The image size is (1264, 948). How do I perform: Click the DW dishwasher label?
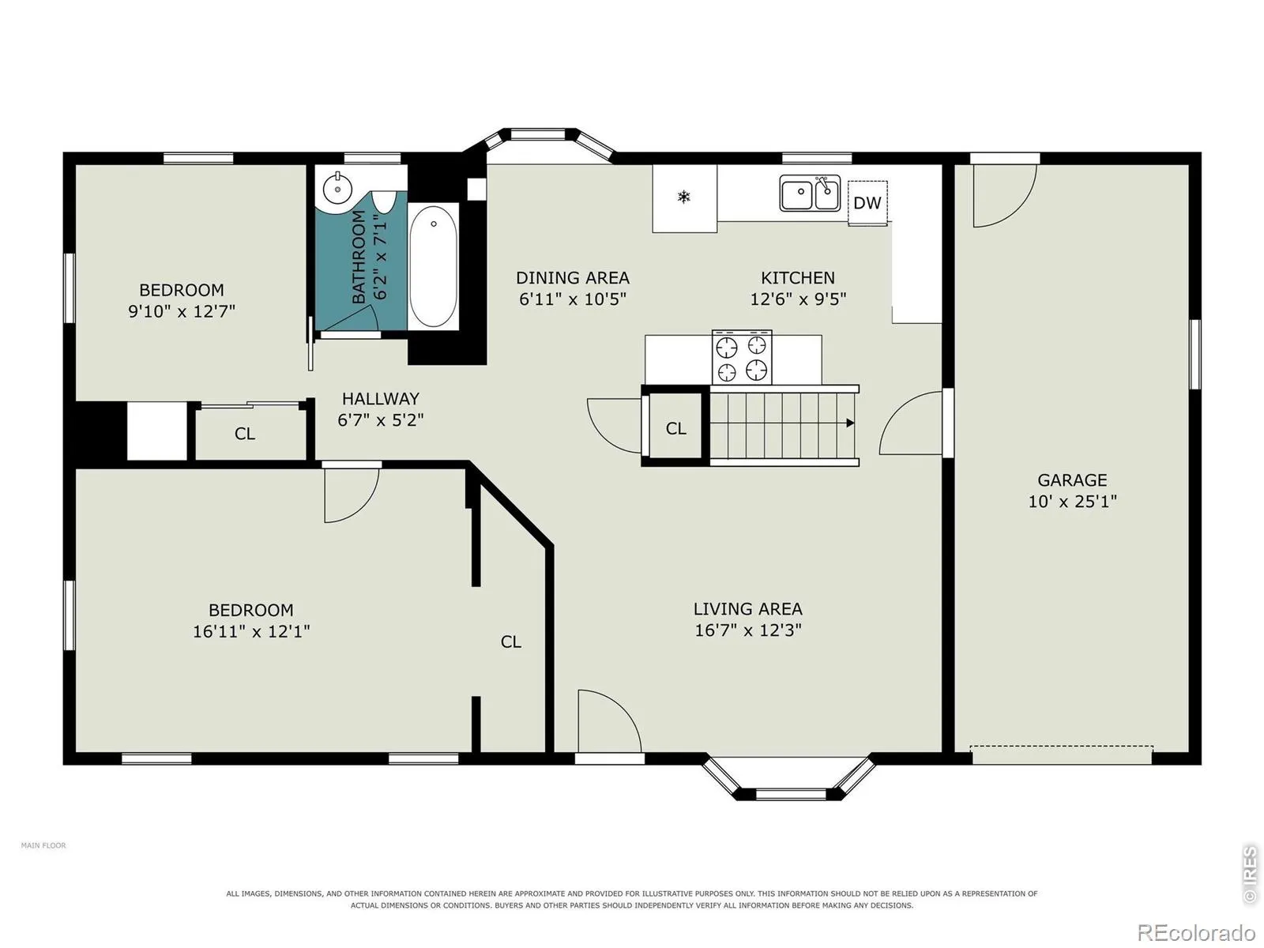click(867, 202)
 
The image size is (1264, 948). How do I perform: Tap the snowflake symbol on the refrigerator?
click(683, 197)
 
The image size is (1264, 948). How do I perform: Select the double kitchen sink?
click(810, 193)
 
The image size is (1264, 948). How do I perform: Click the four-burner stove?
click(742, 357)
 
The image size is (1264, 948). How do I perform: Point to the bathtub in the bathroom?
click(433, 266)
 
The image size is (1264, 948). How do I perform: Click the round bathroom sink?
click(337, 188)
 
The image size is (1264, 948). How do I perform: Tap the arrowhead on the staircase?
click(850, 423)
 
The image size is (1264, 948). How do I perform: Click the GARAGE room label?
click(1072, 480)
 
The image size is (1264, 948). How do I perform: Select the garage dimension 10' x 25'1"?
click(1072, 502)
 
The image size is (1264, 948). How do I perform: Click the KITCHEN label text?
click(798, 278)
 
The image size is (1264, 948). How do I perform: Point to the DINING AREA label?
click(573, 278)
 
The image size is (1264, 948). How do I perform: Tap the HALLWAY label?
click(381, 398)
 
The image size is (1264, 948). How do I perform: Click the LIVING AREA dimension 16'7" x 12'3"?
click(748, 630)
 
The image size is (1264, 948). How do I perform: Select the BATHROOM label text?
click(359, 257)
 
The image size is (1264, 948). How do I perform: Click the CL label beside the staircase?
click(676, 428)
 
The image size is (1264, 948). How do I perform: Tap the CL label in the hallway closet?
click(245, 434)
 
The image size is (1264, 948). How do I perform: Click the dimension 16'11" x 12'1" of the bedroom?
click(251, 631)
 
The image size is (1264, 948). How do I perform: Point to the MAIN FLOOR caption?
click(43, 845)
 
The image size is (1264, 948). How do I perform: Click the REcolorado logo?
click(1196, 932)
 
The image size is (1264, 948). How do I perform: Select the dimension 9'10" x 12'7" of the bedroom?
click(182, 311)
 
